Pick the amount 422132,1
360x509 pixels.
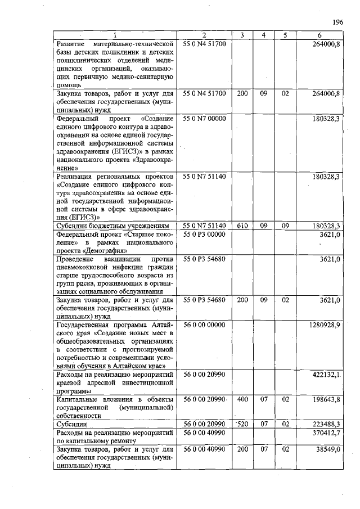pos(326,374)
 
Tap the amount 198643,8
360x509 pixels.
pos(326,399)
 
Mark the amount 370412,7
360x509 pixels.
pos(326,432)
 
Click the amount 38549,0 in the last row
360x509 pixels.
pos(328,449)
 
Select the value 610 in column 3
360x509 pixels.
pos(242,226)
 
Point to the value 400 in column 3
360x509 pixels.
pos(242,399)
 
